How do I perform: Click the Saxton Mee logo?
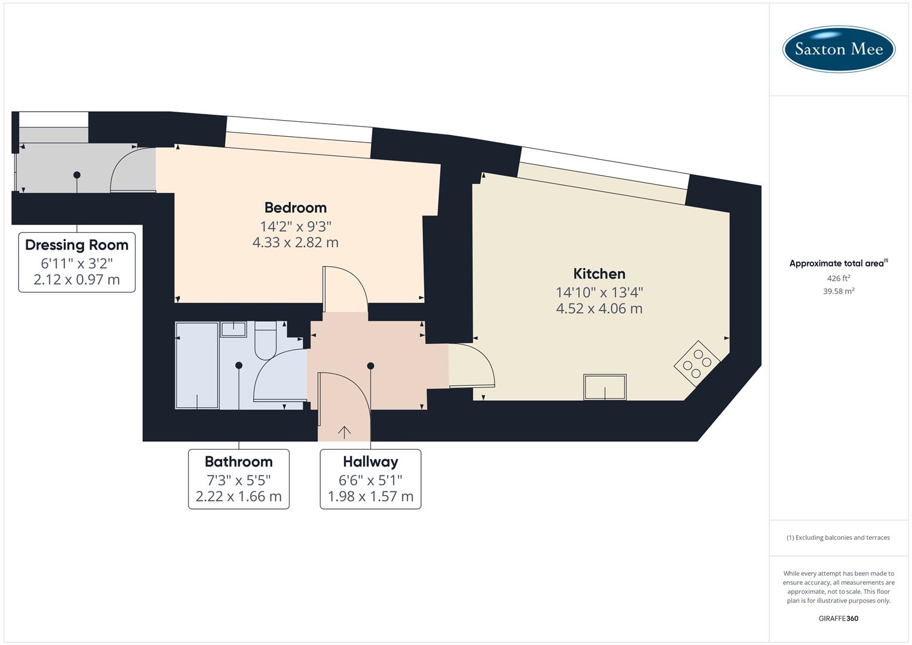pyautogui.click(x=839, y=49)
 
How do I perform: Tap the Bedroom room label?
pyautogui.click(x=296, y=208)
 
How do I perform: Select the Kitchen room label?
pyautogui.click(x=599, y=274)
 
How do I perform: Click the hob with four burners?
pyautogui.click(x=697, y=363)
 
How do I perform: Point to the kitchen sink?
pyautogui.click(x=605, y=388)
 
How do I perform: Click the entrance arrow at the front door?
pyautogui.click(x=344, y=431)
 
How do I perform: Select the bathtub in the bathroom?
pyautogui.click(x=197, y=365)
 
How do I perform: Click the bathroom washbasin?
pyautogui.click(x=234, y=329)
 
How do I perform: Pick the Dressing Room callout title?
pyautogui.click(x=77, y=245)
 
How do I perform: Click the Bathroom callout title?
pyautogui.click(x=238, y=462)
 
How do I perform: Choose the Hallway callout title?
pyautogui.click(x=370, y=462)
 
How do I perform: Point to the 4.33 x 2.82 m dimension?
pyautogui.click(x=296, y=242)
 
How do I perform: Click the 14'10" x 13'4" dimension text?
pyautogui.click(x=599, y=293)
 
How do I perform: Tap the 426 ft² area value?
pyautogui.click(x=839, y=278)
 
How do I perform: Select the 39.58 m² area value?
pyautogui.click(x=839, y=291)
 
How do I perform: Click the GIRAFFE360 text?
pyautogui.click(x=839, y=619)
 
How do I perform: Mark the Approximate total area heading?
pyautogui.click(x=837, y=263)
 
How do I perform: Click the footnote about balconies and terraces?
pyautogui.click(x=838, y=537)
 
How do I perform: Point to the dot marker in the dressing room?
pyautogui.click(x=77, y=175)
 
